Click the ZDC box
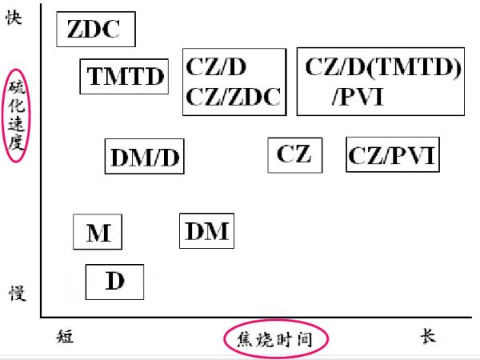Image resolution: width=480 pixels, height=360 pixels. tap(95, 30)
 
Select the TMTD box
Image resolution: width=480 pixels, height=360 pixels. tap(125, 77)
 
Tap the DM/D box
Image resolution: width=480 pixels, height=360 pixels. tap(144, 156)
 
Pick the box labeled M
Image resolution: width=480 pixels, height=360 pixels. tap(98, 232)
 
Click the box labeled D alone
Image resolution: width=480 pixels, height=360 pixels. tap(115, 282)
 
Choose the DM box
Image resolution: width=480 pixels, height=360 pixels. tap(206, 231)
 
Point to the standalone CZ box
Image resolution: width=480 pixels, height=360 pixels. tap(294, 154)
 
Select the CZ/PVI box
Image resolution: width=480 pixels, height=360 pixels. tap(393, 154)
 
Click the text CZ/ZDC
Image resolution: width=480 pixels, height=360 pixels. tap(234, 97)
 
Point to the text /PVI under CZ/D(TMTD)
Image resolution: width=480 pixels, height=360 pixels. tap(358, 98)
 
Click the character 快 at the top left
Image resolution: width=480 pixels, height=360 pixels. tap(14, 18)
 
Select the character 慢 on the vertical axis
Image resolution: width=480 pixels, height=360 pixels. tap(17, 293)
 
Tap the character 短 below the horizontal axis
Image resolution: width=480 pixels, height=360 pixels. tap(66, 337)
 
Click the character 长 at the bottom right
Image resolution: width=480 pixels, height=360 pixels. tap(428, 336)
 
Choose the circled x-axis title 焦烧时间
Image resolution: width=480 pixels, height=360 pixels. tap(275, 339)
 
